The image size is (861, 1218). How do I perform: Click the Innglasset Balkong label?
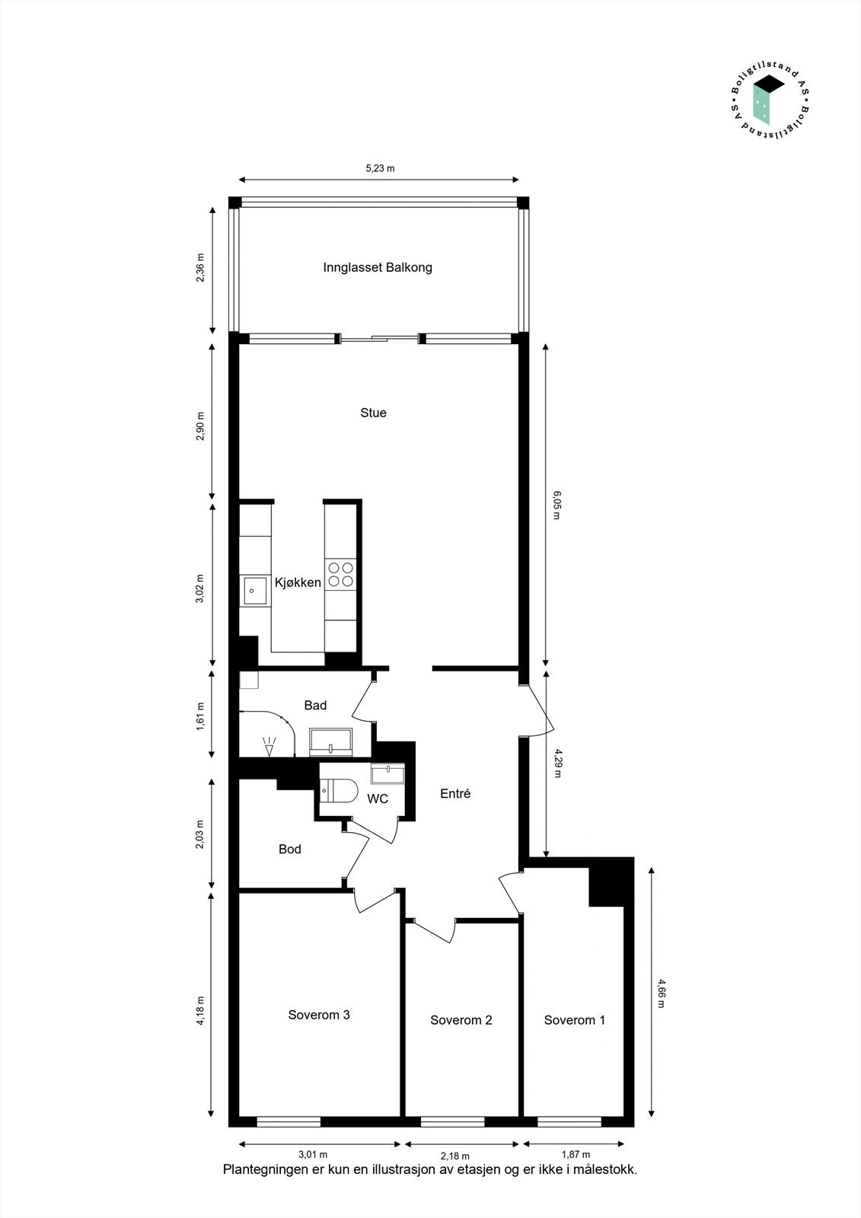tap(378, 267)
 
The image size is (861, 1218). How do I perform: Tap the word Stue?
tap(373, 413)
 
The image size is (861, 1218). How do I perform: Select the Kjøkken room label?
tap(298, 582)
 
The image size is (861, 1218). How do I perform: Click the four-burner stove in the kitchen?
tap(340, 574)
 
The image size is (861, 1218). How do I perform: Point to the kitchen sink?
tap(255, 591)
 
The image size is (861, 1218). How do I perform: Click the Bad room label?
tap(315, 705)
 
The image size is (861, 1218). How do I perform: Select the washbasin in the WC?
tap(387, 773)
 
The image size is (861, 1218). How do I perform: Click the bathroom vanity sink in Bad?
tap(330, 741)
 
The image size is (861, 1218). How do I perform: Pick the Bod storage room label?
tap(289, 849)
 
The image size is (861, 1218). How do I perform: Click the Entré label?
tap(455, 793)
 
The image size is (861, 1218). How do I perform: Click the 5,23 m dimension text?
tap(380, 168)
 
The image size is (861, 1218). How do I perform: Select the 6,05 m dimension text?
tap(556, 505)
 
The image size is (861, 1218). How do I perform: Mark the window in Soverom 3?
tap(289, 1121)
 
